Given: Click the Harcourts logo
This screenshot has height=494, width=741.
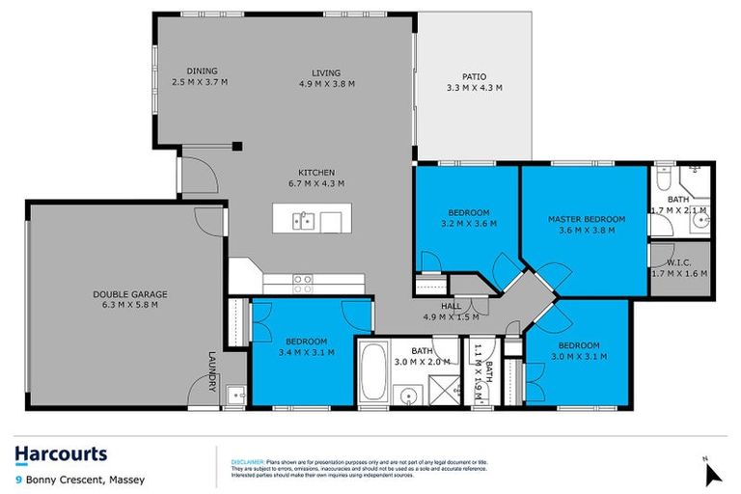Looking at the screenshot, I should click(61, 454).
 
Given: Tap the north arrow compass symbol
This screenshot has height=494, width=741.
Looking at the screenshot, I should click(713, 472).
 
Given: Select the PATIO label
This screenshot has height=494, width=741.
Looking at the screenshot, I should click(473, 76).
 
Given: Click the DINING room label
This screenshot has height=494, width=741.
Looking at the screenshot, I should click(201, 70).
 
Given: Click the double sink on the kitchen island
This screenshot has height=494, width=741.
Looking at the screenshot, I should click(302, 222).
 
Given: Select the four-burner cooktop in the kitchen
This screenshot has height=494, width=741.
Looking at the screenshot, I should click(303, 283).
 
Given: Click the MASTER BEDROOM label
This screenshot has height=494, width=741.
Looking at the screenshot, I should click(587, 219).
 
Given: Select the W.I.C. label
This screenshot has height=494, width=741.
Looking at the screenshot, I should click(680, 261).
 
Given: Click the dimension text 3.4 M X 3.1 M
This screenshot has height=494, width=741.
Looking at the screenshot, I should click(307, 352).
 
